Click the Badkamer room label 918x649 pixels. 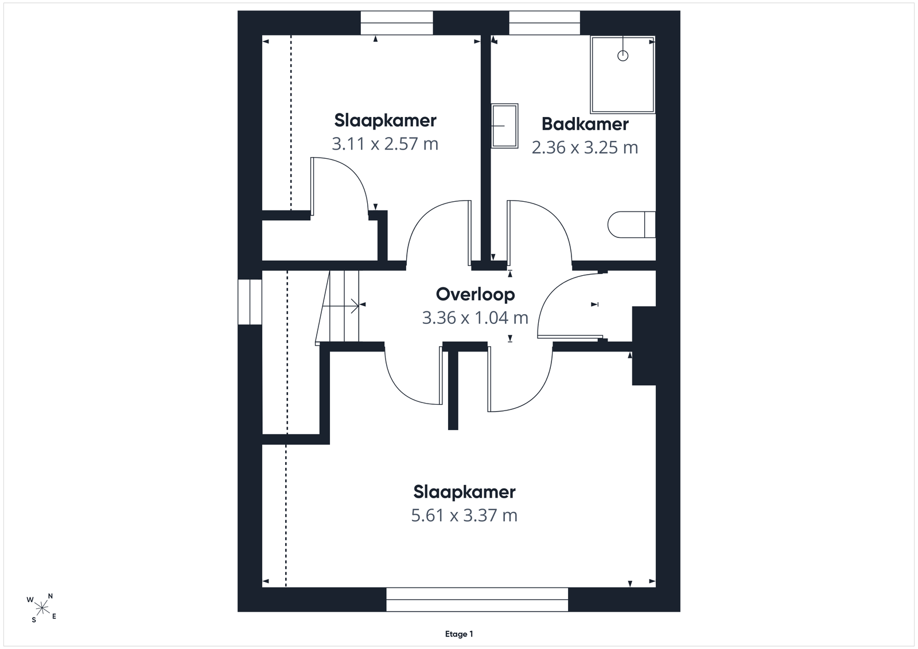tap(585, 124)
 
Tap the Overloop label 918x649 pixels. tap(475, 295)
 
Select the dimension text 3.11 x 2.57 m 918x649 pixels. tap(385, 144)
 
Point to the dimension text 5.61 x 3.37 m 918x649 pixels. tap(464, 515)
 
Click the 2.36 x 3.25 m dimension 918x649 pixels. tap(585, 147)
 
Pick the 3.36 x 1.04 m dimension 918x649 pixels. tap(475, 318)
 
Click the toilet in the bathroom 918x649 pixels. tap(632, 224)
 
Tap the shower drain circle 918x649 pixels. tap(623, 56)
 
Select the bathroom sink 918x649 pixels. tap(504, 126)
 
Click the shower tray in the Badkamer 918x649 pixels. tap(623, 75)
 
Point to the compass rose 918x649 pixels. tap(42, 608)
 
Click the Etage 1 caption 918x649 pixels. tap(459, 634)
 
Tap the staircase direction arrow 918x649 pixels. tap(341, 306)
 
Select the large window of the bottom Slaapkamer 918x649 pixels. tap(477, 600)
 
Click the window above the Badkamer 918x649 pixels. tap(544, 23)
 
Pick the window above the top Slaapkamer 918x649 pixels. tap(396, 23)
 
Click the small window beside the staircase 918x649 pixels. tap(250, 302)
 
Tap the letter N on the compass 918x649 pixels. tap(50, 596)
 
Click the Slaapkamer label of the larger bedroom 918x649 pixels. tap(464, 492)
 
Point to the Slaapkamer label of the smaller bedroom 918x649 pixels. tap(385, 120)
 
